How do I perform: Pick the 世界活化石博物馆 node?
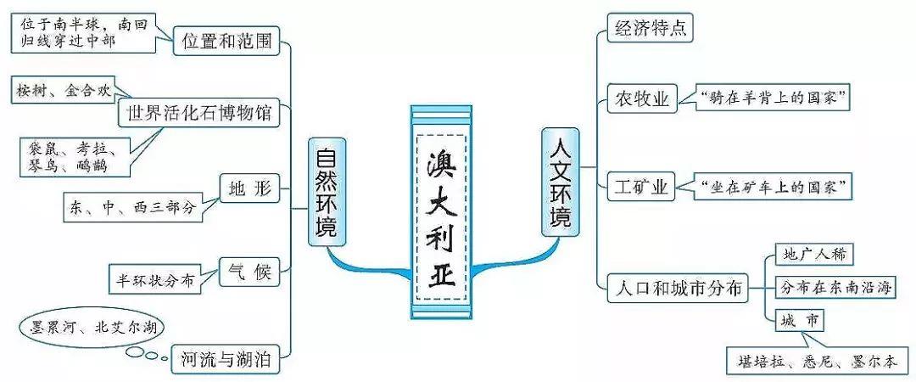tap(199, 113)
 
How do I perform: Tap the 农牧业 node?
tap(641, 99)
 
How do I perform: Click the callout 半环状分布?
tap(156, 278)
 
